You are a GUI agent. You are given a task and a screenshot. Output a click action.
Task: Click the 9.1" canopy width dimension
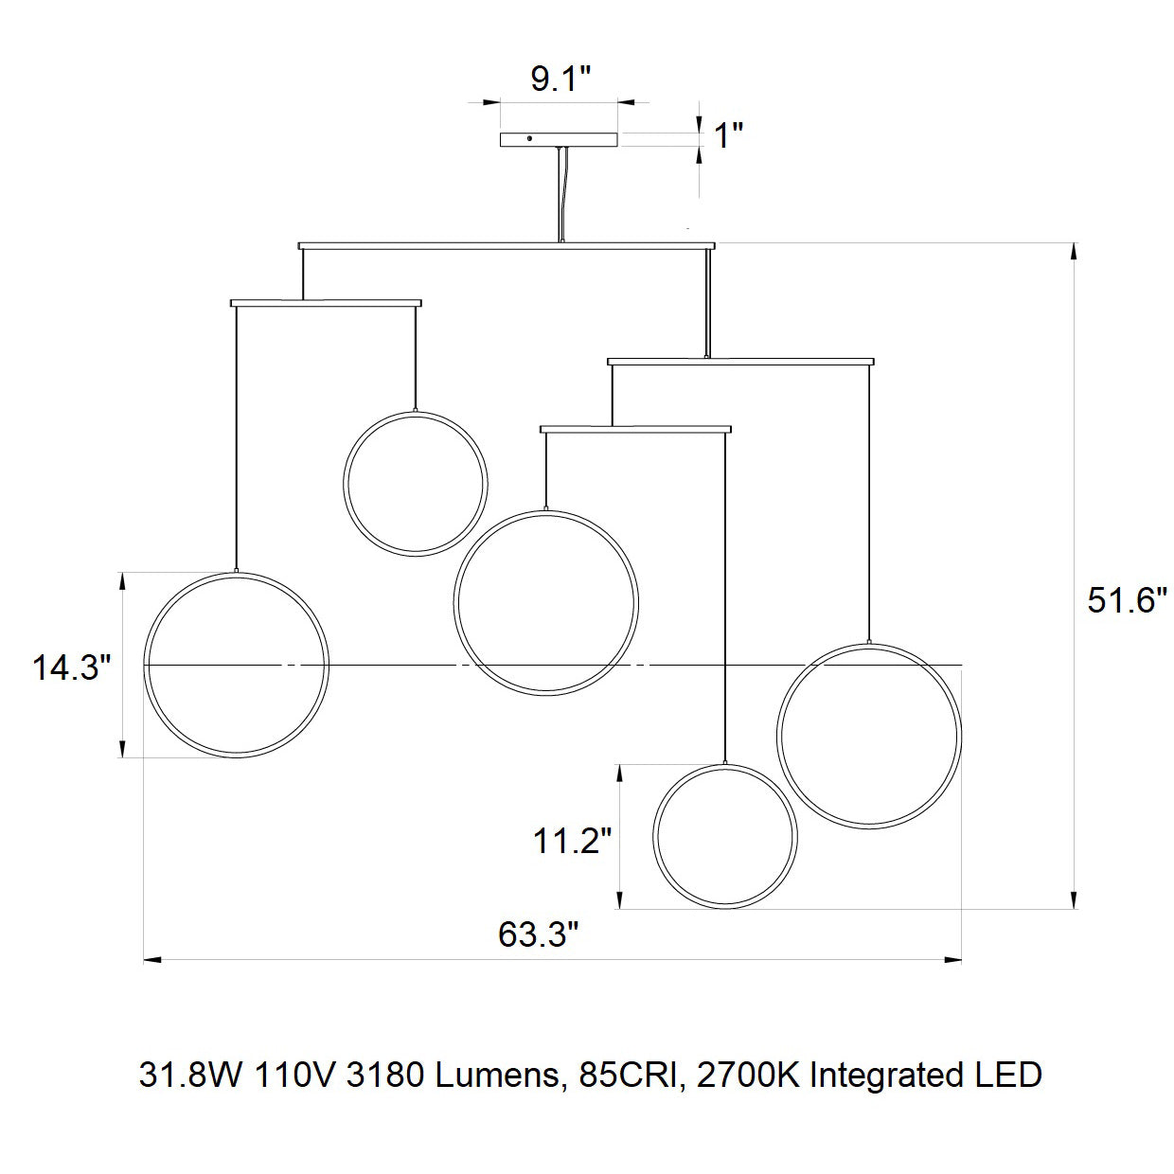(560, 80)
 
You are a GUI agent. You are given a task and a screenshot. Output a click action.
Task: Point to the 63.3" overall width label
(538, 934)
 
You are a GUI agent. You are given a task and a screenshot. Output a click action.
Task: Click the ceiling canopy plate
(559, 140)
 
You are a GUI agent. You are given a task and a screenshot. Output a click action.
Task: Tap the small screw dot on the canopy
(529, 138)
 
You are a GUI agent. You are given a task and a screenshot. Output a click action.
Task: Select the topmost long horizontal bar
(507, 246)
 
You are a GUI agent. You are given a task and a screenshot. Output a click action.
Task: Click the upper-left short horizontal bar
(326, 303)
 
